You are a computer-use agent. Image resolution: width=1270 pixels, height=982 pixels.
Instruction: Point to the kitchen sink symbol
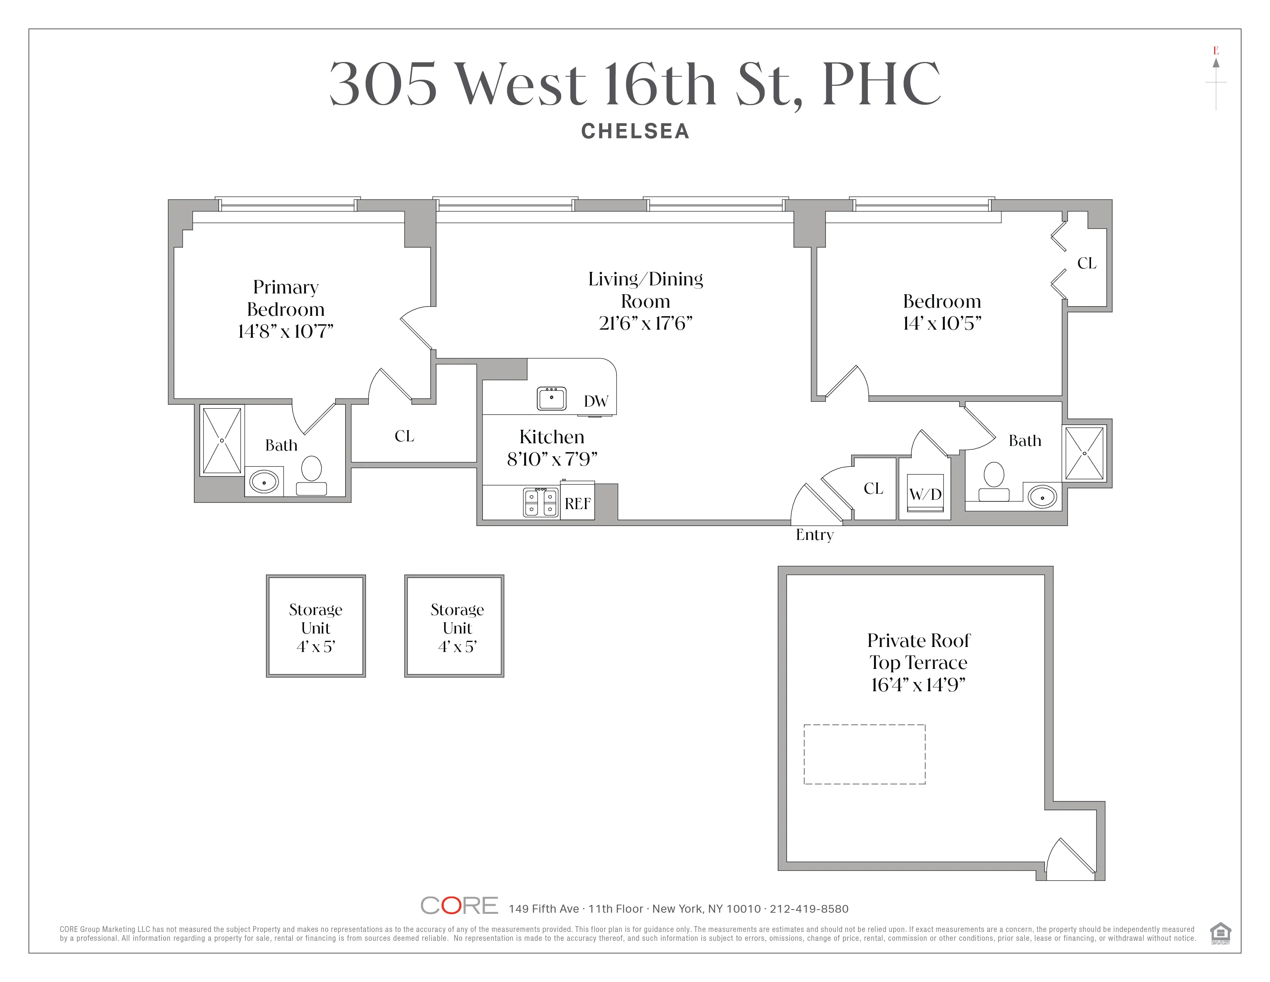(x=551, y=399)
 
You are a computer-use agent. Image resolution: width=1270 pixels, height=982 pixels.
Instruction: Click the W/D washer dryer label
(x=925, y=494)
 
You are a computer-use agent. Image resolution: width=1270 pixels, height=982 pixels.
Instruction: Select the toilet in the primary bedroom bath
(x=312, y=475)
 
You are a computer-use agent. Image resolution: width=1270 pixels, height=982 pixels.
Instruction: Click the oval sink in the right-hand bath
(x=1042, y=498)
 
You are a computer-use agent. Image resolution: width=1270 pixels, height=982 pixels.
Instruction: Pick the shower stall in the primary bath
(x=222, y=441)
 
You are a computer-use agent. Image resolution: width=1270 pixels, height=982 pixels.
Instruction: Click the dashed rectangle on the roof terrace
(x=864, y=754)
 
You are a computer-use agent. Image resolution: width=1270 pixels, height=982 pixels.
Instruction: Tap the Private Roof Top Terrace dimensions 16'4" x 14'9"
(x=918, y=685)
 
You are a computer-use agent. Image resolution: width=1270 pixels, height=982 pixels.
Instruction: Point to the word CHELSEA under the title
(x=635, y=131)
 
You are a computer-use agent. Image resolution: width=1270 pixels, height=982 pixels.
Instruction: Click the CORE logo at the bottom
(x=459, y=906)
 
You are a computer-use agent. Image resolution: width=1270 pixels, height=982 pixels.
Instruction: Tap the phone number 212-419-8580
(x=809, y=909)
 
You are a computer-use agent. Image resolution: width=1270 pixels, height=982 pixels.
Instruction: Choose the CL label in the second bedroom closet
(x=1086, y=263)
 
